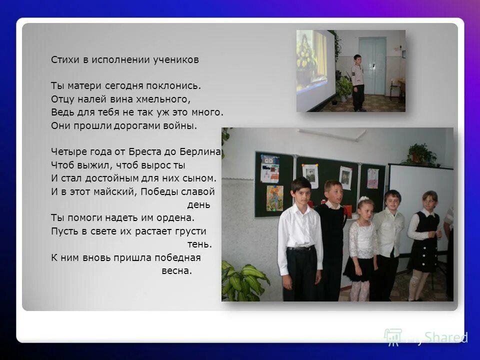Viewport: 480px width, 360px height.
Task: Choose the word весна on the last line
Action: click(176, 271)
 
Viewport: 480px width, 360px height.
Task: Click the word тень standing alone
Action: click(199, 244)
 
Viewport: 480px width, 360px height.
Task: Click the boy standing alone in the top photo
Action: click(358, 82)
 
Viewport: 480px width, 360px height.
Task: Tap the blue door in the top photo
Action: click(372, 65)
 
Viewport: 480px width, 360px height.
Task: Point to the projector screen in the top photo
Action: click(315, 70)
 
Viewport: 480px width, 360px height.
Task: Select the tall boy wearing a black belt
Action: click(300, 240)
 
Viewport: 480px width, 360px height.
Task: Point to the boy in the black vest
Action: click(332, 235)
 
